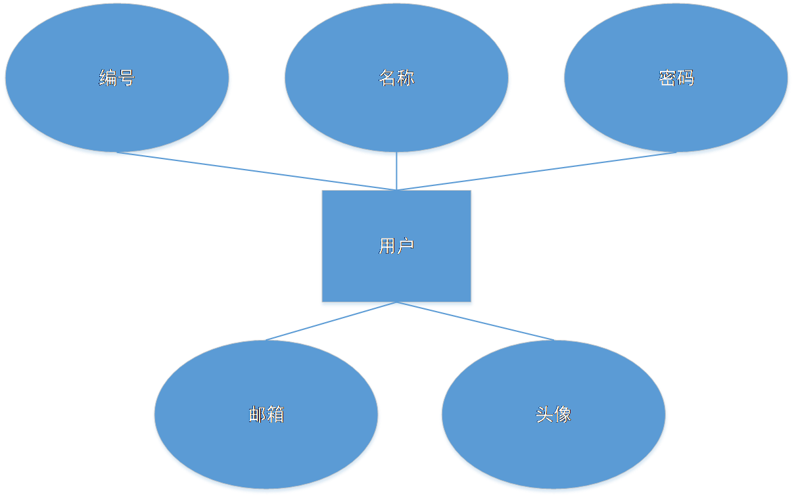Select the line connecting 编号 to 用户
click(263, 172)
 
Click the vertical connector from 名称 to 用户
click(396, 173)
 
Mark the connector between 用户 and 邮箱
click(322, 323)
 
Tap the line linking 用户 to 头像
click(486, 323)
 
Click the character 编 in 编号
click(108, 78)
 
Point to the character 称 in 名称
click(406, 78)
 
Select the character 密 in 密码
click(667, 78)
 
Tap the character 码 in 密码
click(686, 78)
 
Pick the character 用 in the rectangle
click(387, 246)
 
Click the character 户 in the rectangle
click(406, 246)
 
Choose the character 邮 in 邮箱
click(257, 414)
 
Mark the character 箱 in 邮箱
click(275, 414)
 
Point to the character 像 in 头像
click(563, 414)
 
